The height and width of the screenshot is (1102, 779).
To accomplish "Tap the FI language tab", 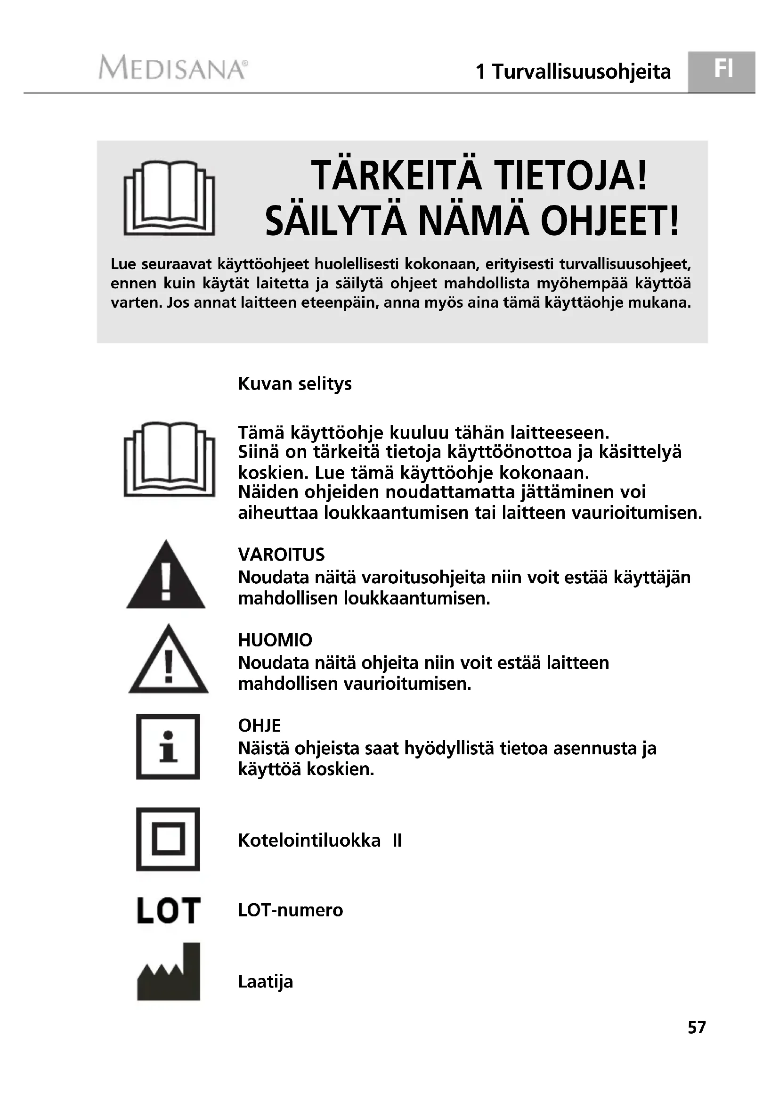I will [723, 70].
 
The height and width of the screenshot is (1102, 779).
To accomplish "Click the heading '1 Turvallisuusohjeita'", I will [573, 72].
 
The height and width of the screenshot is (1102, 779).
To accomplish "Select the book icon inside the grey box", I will [170, 198].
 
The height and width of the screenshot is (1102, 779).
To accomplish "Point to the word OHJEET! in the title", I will [609, 221].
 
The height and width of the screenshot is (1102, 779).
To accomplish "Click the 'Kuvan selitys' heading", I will [294, 384].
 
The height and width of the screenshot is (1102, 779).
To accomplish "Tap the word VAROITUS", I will [281, 555].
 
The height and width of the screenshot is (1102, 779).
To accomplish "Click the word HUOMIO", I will [275, 640].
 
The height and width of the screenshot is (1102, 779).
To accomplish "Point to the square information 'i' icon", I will [168, 747].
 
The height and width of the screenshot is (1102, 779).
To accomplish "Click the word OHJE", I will [259, 726].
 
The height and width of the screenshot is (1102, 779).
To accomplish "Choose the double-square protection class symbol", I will [168, 840].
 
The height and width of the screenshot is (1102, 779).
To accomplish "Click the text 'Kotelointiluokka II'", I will [319, 841].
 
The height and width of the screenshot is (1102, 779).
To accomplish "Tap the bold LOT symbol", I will [168, 911].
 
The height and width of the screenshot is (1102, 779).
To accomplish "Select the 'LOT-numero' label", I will [290, 911].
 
